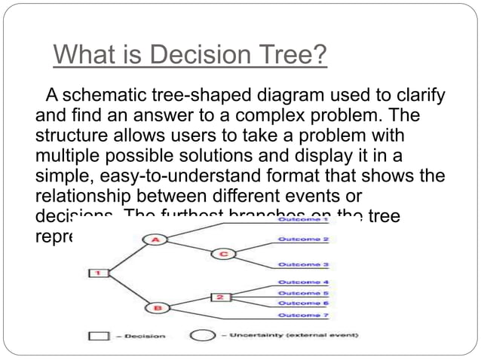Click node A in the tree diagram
155,239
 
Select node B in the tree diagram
158,307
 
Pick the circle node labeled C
224,254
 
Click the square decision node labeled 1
97,273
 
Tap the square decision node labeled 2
219,297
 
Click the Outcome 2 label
303,239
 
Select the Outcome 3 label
303,265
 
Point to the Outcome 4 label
303,282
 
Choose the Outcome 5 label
303,292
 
